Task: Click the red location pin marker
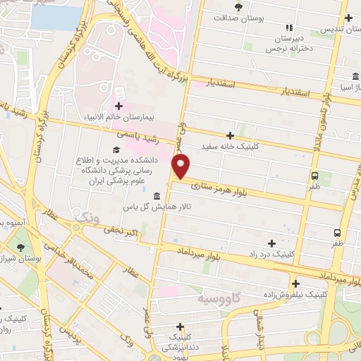[181, 166]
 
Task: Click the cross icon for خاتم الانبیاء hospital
[118, 107]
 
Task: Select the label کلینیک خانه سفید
[230, 147]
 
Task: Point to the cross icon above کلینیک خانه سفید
[230, 135]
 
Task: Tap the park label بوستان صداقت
[241, 20]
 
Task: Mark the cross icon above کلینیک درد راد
[271, 243]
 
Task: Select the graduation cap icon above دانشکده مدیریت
[115, 149]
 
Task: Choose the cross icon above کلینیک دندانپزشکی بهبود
[181, 326]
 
